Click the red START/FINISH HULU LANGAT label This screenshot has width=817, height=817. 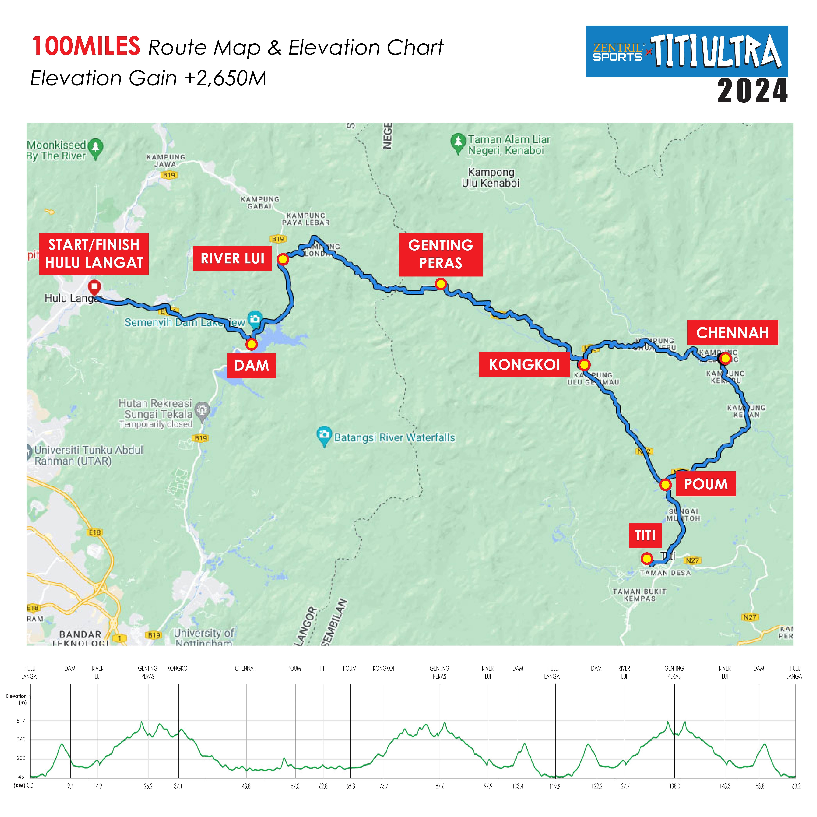tap(94, 254)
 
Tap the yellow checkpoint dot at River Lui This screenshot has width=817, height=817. tap(283, 259)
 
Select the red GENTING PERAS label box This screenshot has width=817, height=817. tap(441, 254)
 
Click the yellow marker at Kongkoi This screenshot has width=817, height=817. tap(584, 365)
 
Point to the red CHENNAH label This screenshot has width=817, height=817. tap(732, 333)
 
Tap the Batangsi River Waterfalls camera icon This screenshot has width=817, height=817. tap(324, 435)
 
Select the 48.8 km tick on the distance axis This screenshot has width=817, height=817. tap(246, 786)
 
